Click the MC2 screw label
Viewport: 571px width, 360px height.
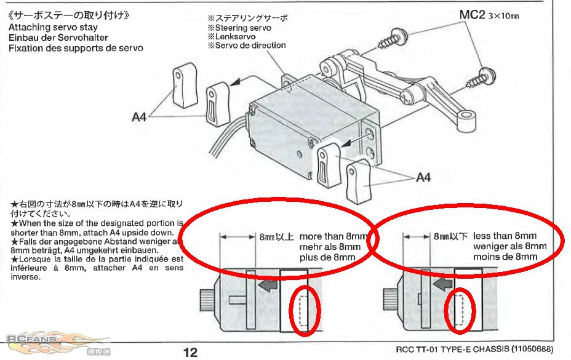(473, 15)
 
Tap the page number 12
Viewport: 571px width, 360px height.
(191, 352)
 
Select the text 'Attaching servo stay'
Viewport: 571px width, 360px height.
(53, 27)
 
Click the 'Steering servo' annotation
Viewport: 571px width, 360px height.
(242, 28)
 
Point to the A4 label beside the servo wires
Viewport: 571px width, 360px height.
(139, 117)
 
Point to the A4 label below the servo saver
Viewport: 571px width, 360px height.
(423, 177)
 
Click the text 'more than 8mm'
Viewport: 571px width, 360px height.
(333, 236)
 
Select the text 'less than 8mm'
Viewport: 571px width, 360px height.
(505, 236)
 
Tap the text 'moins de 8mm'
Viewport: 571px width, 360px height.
(505, 257)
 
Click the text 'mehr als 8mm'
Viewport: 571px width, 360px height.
(330, 247)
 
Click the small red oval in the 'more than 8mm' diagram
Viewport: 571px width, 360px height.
(305, 311)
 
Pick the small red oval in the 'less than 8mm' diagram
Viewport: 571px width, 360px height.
(461, 311)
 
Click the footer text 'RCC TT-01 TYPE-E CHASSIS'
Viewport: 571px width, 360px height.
(453, 349)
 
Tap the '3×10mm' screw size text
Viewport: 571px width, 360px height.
(504, 16)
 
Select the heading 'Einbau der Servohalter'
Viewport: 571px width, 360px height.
(58, 38)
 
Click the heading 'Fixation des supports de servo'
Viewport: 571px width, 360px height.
(76, 48)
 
